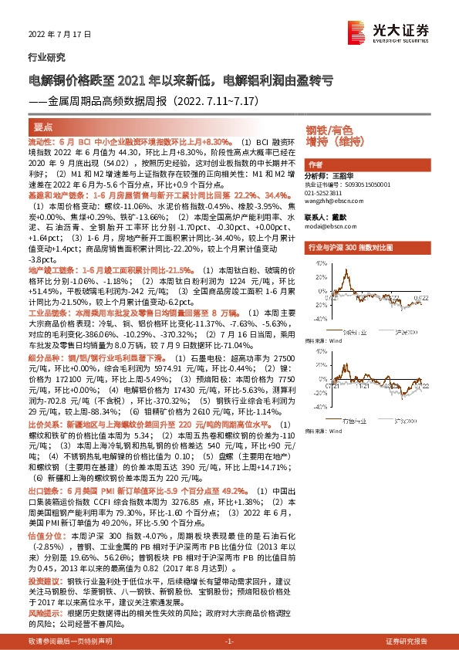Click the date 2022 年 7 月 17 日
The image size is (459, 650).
tap(49, 36)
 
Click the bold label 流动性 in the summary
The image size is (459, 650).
tap(39, 143)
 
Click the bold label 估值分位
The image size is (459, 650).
tap(42, 533)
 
